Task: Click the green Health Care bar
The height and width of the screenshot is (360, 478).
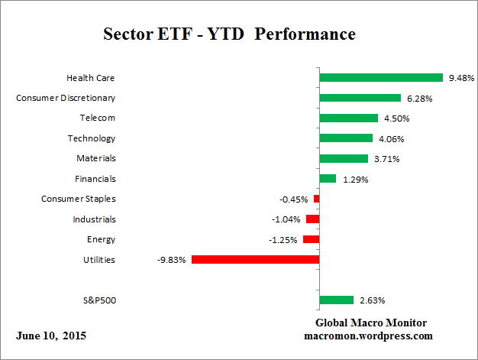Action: click(381, 77)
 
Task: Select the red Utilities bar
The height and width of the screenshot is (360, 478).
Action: click(255, 259)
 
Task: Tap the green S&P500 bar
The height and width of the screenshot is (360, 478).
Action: click(336, 300)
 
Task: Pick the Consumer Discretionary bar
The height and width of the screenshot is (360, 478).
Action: click(360, 98)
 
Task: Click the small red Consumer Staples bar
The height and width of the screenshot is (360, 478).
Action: click(316, 199)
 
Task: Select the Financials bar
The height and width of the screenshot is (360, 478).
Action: click(328, 179)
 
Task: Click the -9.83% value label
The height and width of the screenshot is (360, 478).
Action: click(173, 260)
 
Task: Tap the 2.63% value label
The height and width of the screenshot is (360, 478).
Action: click(370, 300)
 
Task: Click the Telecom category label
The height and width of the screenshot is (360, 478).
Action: click(98, 118)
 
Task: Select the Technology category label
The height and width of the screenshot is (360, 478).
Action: click(92, 138)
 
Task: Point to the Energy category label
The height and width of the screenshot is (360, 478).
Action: click(102, 239)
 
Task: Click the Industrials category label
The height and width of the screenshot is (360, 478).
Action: click(95, 219)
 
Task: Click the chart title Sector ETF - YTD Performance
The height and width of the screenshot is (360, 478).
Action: click(228, 34)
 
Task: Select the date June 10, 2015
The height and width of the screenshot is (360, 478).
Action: click(50, 336)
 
